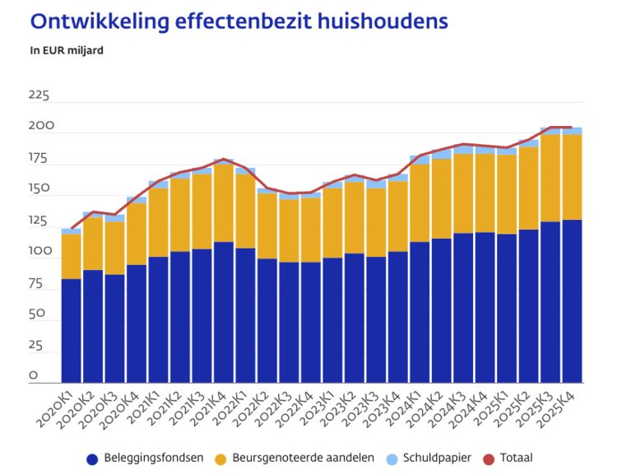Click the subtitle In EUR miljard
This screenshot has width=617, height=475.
(67, 50)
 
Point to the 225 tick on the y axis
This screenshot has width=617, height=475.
(39, 96)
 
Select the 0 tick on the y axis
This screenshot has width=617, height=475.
(34, 376)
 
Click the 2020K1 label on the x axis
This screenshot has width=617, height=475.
(54, 408)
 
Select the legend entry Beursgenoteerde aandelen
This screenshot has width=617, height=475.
(304, 458)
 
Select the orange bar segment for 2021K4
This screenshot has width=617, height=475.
(224, 203)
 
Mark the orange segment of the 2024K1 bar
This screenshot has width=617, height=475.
(420, 203)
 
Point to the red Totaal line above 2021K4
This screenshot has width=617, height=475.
(224, 159)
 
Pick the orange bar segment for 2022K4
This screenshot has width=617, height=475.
(311, 230)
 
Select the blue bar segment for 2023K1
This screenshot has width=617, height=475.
(332, 320)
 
